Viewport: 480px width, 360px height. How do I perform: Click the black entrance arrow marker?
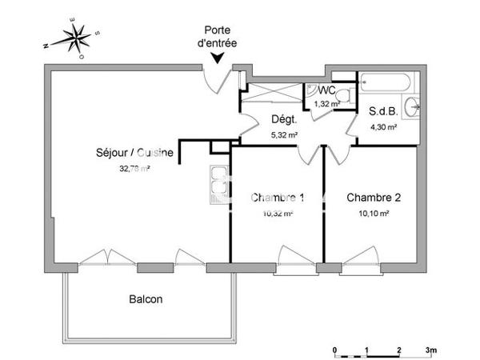[x=218, y=56]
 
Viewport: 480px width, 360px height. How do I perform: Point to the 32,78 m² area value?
[x=134, y=168]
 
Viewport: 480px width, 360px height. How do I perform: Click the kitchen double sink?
[x=216, y=184]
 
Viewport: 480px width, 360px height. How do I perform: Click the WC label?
[x=326, y=92]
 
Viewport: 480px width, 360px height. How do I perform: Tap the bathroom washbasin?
[x=411, y=106]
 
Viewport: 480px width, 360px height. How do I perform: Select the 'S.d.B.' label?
[x=382, y=112]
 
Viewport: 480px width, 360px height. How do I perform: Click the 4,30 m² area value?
[x=382, y=126]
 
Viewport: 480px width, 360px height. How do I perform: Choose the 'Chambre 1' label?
[x=278, y=198]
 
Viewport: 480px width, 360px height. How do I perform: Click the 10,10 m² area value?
[x=373, y=214]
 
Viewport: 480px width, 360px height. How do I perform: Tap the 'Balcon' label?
[x=146, y=300]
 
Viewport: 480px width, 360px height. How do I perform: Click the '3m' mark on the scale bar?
[x=430, y=350]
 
